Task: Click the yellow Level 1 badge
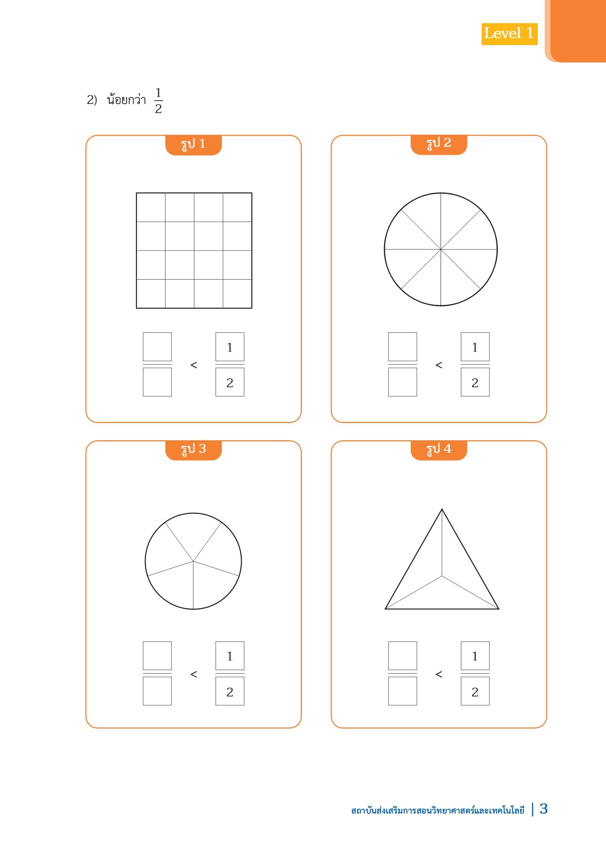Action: point(509,34)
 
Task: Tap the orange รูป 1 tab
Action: point(193,145)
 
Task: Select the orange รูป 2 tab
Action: point(439,145)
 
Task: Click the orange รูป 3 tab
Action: point(193,451)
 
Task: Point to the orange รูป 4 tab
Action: point(439,451)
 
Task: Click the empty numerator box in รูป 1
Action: point(157,347)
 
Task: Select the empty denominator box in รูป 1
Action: point(157,382)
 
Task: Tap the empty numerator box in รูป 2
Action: point(403,347)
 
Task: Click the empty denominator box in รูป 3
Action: point(157,691)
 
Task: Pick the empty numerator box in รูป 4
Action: point(403,656)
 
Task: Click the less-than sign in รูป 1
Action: point(194,365)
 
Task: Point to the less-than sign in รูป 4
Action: point(439,674)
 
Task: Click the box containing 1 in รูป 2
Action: point(475,347)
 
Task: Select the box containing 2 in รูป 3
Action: point(230,691)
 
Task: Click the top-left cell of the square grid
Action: point(151,207)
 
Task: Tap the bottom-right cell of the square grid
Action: point(237,294)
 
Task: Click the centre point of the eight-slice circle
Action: point(441,250)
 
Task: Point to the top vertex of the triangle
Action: point(442,509)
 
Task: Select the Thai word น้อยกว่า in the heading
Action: point(126,100)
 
